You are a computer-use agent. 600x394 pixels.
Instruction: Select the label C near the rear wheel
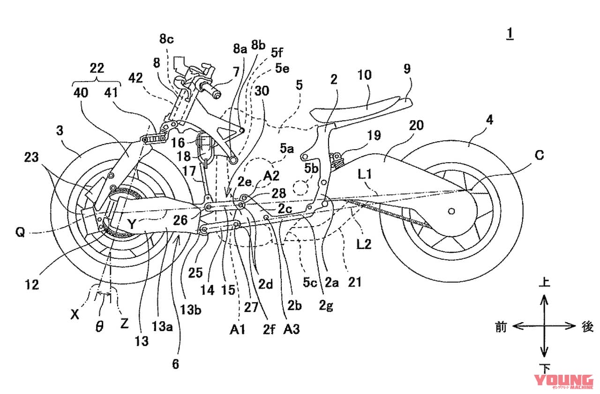[540, 156]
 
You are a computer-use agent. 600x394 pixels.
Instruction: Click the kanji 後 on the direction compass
[587, 327]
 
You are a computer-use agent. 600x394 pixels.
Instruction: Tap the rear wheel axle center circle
[451, 212]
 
